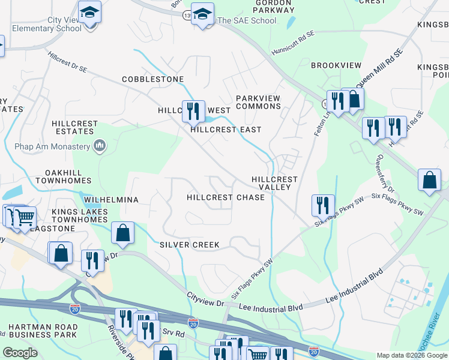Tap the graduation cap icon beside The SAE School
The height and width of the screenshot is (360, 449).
tap(202, 14)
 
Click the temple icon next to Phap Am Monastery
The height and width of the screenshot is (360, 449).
tap(100, 146)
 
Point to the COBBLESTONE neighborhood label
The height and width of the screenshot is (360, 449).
tap(152, 79)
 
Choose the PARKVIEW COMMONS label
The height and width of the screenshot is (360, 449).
tap(258, 102)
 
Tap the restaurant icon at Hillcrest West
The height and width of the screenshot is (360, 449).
tap(193, 111)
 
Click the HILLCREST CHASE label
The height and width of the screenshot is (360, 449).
tap(225, 197)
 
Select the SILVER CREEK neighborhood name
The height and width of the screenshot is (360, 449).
tap(189, 245)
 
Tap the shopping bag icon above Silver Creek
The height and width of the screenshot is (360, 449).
tap(122, 233)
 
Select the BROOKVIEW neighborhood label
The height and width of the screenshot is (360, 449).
tap(336, 65)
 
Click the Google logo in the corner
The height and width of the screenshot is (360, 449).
tap(20, 353)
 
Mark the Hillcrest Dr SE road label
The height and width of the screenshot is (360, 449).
tap(68, 62)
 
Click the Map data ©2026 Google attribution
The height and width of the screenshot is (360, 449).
tap(411, 355)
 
